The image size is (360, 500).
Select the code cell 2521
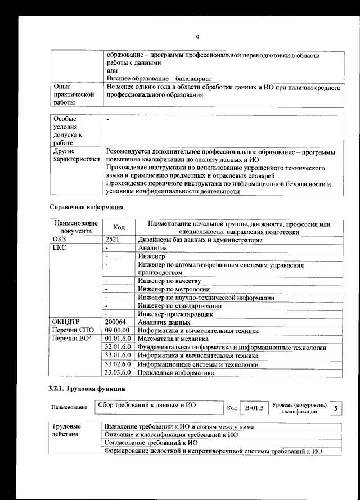click(113, 240)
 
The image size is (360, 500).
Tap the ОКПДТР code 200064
click(116, 322)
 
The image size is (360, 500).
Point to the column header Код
click(119, 227)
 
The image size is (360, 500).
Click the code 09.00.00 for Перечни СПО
click(118, 330)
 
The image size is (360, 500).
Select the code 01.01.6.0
click(118, 339)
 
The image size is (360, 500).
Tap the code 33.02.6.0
click(118, 364)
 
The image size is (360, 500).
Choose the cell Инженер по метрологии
click(173, 289)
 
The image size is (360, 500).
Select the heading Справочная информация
click(87, 207)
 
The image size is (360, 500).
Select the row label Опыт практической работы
click(73, 96)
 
